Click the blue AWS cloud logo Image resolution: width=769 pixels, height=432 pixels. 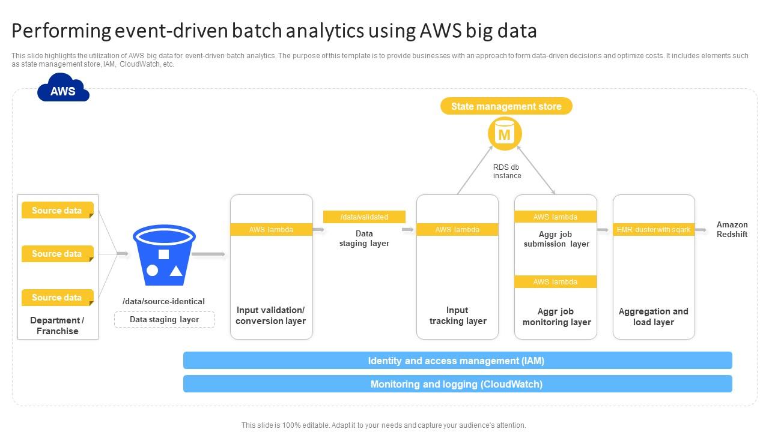tap(63, 89)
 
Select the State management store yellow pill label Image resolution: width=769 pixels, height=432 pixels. tap(506, 107)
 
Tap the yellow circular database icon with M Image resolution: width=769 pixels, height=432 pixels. tap(505, 134)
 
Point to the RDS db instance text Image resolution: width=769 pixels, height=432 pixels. tap(506, 172)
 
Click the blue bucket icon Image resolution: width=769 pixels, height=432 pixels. tap(163, 256)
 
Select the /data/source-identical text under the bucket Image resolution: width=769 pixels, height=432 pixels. tap(163, 302)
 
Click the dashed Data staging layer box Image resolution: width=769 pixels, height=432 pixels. tap(165, 320)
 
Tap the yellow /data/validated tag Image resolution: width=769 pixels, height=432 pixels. tap(364, 217)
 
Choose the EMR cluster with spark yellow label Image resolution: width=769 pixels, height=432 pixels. tap(654, 230)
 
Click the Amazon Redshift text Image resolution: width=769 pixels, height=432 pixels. tap(732, 230)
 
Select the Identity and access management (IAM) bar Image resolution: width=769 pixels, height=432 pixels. tap(457, 361)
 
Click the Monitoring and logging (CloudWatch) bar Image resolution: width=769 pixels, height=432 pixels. tap(457, 384)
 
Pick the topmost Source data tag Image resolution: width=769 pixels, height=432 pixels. tap(57, 211)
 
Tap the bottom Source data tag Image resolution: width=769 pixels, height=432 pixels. tap(57, 298)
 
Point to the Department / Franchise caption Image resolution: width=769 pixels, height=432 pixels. tap(58, 326)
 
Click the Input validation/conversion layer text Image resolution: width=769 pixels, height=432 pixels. tap(271, 316)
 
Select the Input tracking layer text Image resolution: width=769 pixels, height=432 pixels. tap(458, 316)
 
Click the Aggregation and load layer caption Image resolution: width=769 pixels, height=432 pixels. tap(654, 317)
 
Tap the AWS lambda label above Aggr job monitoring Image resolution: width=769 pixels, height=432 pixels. tap(556, 282)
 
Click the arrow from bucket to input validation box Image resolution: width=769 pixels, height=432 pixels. tap(208, 255)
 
